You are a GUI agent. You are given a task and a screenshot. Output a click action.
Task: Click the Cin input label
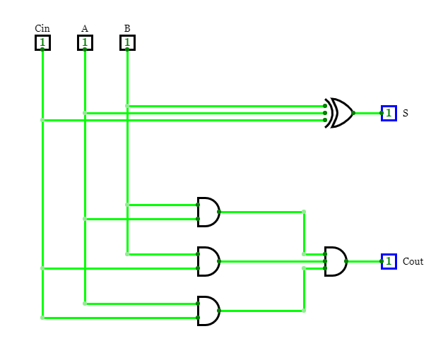click(x=42, y=28)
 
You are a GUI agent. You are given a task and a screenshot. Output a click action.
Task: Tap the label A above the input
click(x=85, y=28)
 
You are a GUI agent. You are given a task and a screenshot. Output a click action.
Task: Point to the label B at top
click(x=127, y=28)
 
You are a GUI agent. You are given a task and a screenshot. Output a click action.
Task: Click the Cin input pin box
click(x=42, y=42)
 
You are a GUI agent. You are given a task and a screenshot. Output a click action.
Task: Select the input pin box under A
click(x=85, y=42)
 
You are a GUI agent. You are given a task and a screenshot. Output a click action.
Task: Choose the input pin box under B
click(x=127, y=42)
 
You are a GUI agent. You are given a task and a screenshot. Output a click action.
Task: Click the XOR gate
click(x=341, y=113)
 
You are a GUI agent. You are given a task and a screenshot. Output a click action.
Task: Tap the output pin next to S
click(x=389, y=113)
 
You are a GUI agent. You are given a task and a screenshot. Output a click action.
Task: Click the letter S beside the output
click(x=406, y=113)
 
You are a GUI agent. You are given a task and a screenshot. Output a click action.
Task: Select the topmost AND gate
click(x=208, y=212)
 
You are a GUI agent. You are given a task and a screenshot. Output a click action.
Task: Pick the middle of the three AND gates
click(x=208, y=261)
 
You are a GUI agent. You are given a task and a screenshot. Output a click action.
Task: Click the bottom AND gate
click(x=208, y=311)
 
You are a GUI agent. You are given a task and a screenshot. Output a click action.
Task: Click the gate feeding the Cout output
click(x=336, y=261)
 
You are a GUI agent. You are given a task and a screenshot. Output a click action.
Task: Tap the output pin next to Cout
click(x=389, y=261)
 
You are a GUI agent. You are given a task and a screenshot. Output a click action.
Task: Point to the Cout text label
click(x=413, y=261)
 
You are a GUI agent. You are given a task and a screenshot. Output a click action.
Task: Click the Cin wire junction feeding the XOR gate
click(x=42, y=120)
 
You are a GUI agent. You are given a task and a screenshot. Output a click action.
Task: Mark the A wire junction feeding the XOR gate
click(x=85, y=113)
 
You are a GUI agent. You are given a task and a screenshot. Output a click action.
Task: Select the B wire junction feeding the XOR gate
click(x=127, y=106)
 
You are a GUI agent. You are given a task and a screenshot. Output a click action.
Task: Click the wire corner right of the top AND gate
click(x=304, y=212)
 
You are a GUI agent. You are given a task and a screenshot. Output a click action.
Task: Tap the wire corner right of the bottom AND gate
click(x=304, y=311)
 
